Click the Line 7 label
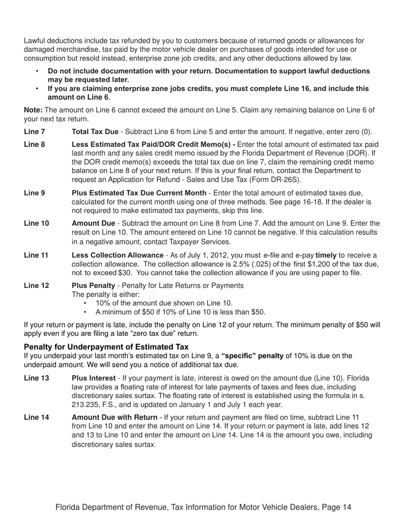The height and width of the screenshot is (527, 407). coord(34,132)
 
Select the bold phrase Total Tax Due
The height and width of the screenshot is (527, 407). coord(95,132)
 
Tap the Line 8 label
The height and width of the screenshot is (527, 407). coord(34,144)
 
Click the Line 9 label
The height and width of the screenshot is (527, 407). coord(34,193)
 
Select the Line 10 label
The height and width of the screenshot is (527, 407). coord(36,223)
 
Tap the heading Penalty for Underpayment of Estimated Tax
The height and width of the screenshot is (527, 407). coord(106,347)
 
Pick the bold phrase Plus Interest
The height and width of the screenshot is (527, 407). coord(94,378)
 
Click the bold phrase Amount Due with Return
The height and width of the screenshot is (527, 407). coord(114,417)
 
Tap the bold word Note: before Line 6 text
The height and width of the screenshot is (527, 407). coord(33,110)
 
